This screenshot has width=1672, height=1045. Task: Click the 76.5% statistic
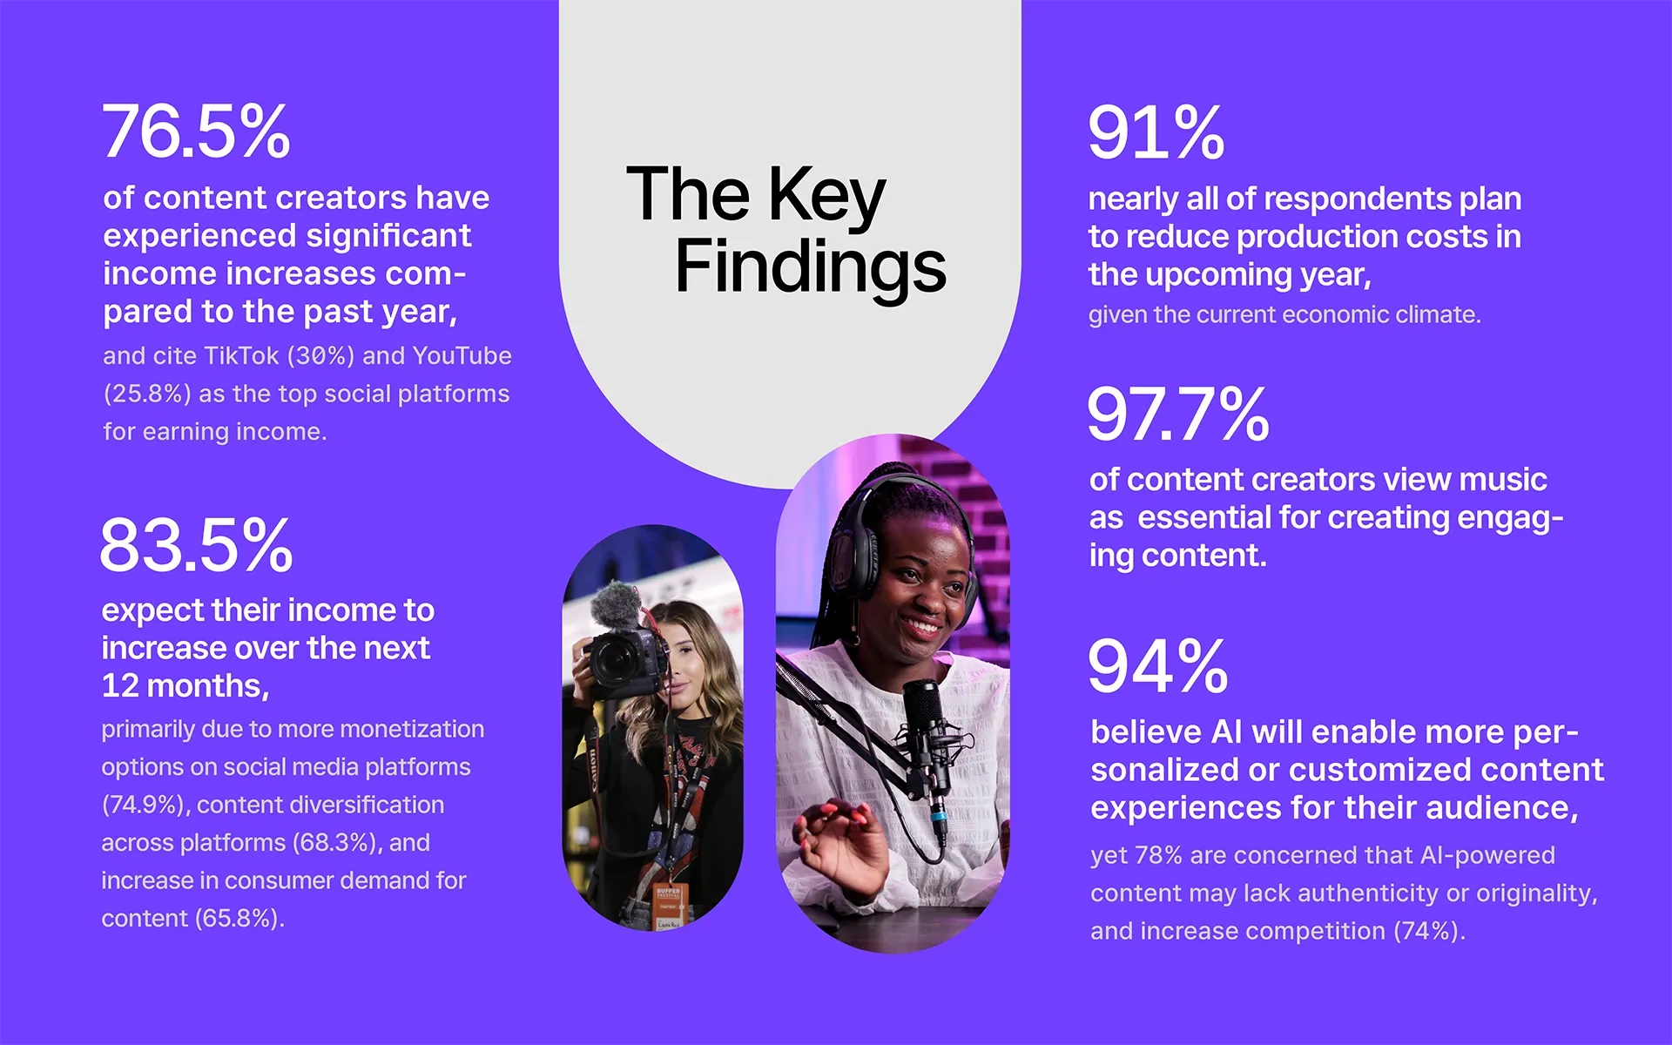click(x=196, y=132)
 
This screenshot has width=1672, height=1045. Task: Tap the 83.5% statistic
click(x=196, y=546)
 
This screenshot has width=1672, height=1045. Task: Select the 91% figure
click(x=1156, y=133)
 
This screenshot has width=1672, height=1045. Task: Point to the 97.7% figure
click(x=1177, y=415)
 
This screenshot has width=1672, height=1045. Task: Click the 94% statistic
click(x=1157, y=667)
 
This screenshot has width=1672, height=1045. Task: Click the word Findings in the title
click(x=810, y=266)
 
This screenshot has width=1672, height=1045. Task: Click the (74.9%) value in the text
click(x=145, y=805)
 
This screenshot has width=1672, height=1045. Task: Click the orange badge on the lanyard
click(x=669, y=896)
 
